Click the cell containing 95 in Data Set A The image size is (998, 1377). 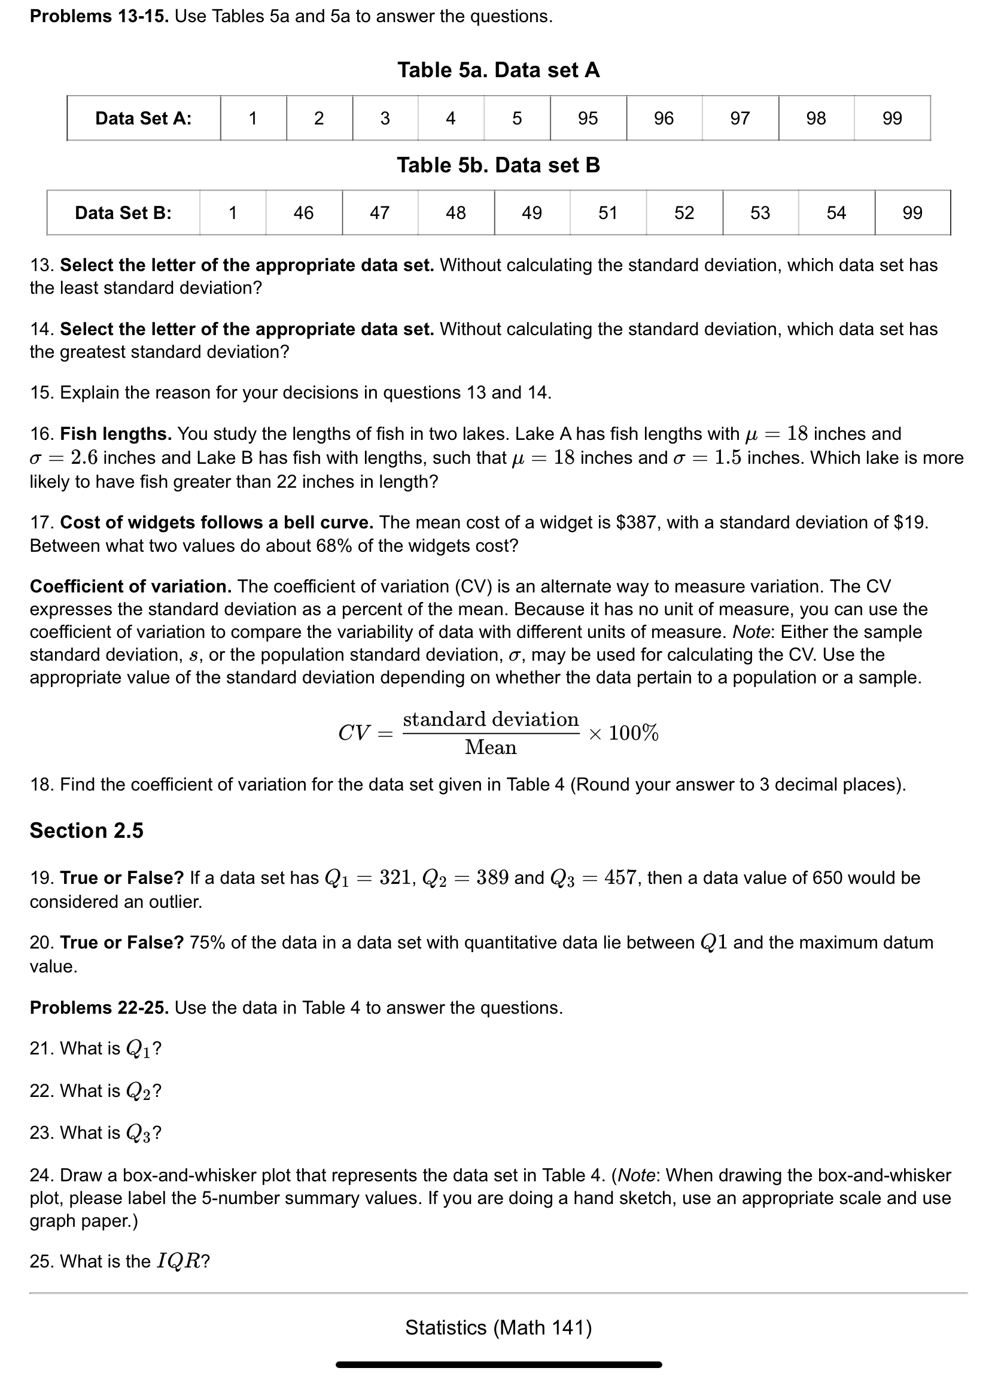588,118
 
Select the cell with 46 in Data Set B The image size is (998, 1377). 303,212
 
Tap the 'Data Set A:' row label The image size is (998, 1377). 143,118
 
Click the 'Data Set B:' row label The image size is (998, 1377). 123,212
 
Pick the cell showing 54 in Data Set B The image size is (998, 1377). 836,212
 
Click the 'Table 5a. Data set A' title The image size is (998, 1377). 498,71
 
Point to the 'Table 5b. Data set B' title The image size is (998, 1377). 498,165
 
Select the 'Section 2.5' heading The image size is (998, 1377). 87,830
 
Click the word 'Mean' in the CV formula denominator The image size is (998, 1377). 491,747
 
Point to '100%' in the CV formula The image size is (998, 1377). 633,733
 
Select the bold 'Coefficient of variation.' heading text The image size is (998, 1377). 130,586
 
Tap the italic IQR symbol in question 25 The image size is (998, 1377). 178,1261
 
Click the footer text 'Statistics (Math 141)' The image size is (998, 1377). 498,1328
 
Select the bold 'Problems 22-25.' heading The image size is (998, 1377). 99,1008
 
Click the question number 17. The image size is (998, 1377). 41,522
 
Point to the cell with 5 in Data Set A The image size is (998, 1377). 516,118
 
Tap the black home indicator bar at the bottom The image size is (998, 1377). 498,1364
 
